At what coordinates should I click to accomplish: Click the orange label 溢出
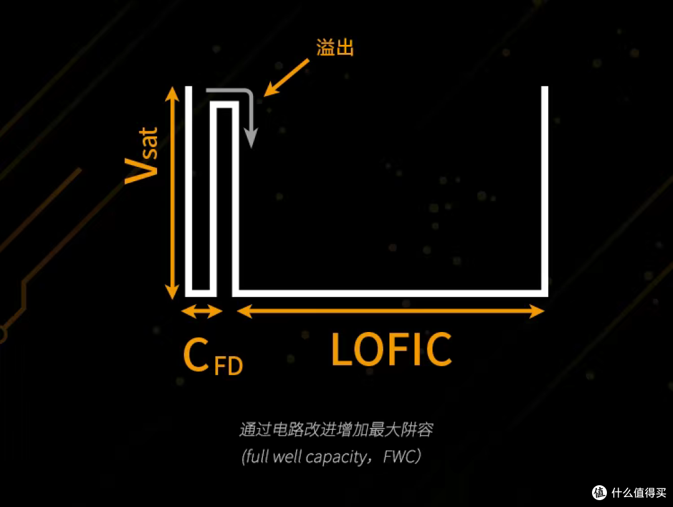(335, 47)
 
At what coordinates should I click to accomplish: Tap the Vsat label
(142, 156)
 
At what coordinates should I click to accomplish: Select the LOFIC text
(391, 349)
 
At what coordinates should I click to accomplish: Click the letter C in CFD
(196, 355)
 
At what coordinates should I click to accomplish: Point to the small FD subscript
(228, 366)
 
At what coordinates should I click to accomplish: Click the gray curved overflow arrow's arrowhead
(251, 138)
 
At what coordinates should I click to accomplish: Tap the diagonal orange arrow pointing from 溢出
(286, 78)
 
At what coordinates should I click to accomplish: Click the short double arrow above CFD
(202, 311)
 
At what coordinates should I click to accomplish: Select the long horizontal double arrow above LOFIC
(391, 311)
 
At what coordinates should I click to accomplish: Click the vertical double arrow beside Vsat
(172, 192)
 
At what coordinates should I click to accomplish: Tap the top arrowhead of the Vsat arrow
(172, 93)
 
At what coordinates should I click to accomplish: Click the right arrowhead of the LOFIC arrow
(537, 311)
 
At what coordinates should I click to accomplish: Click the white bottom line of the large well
(390, 293)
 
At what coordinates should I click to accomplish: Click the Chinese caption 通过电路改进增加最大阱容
(336, 429)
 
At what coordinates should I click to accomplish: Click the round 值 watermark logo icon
(599, 493)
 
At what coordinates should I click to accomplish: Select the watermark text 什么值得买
(639, 493)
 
